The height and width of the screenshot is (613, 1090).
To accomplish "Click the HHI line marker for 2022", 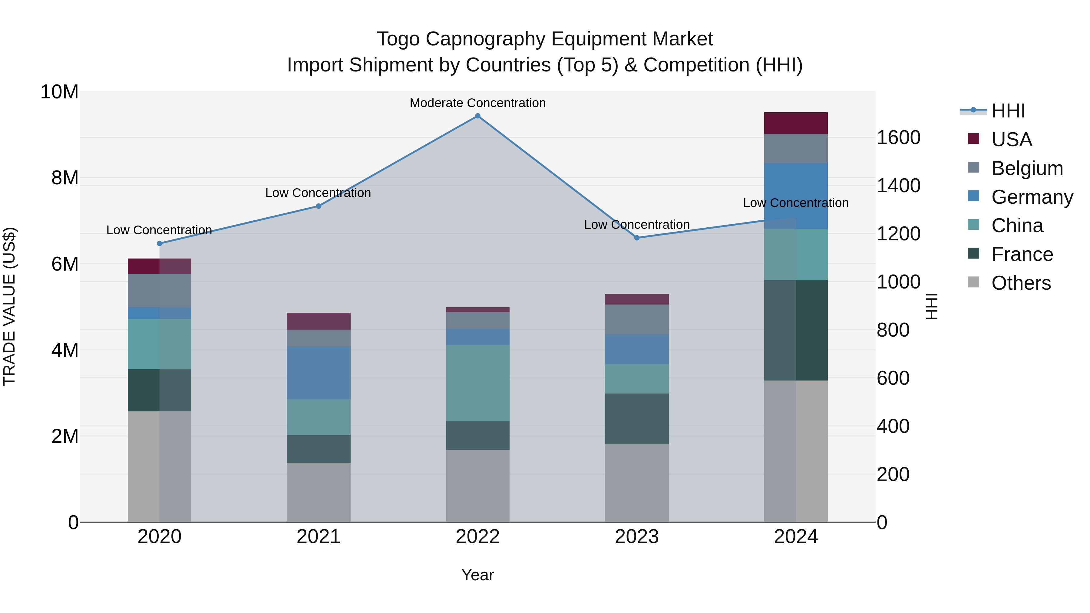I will (x=478, y=116).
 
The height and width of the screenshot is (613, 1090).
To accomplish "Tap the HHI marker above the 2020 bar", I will (x=160, y=244).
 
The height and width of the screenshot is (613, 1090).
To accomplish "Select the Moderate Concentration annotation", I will (x=478, y=103).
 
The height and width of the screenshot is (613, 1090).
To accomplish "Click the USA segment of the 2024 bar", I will (x=796, y=123).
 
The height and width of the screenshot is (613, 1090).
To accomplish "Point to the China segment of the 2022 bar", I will (x=478, y=383).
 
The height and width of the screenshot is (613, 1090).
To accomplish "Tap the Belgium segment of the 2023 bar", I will (x=637, y=319).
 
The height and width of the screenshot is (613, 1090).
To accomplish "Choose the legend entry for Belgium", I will (x=1027, y=168).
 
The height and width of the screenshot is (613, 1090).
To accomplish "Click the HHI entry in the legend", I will (x=1008, y=111).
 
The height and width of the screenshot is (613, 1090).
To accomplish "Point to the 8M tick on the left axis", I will (x=65, y=178).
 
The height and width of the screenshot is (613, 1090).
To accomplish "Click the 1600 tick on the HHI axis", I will (x=898, y=137).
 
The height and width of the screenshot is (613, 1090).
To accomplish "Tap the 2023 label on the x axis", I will (x=637, y=537).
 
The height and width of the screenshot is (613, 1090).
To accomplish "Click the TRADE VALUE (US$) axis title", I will (x=9, y=306).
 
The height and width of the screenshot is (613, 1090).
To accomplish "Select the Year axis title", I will (x=478, y=575).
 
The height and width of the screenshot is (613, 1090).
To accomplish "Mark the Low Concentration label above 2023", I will (x=637, y=225).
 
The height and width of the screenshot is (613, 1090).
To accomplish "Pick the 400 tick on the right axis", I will (x=893, y=427).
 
